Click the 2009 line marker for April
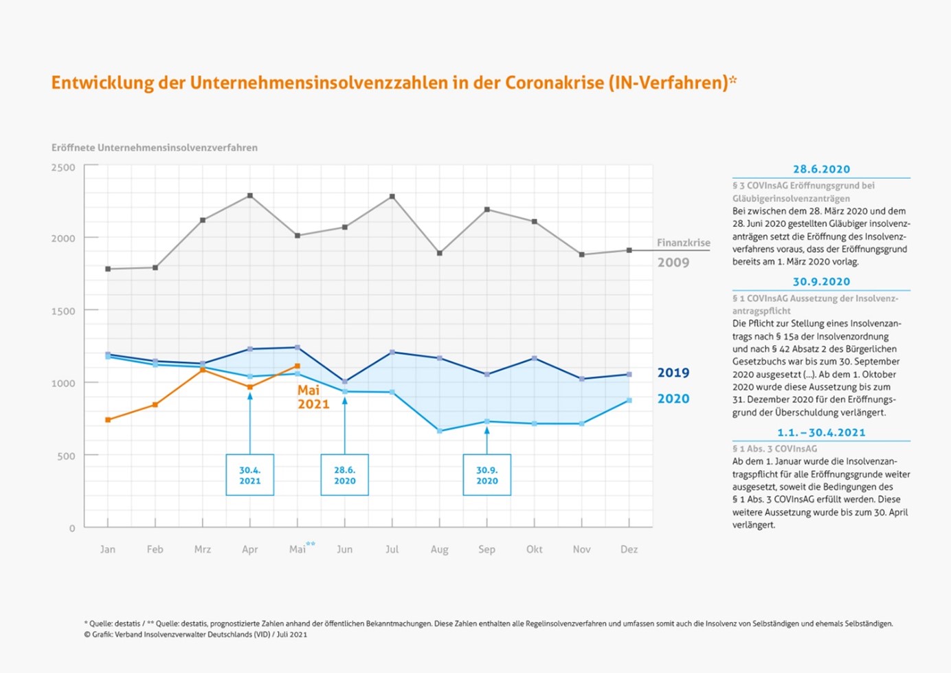(250, 196)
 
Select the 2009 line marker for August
(439, 253)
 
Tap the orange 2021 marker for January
(108, 419)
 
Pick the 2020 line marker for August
(439, 431)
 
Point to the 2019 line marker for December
(629, 375)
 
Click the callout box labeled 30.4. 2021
(249, 475)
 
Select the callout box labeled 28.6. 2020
(344, 475)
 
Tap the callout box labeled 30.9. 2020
(486, 475)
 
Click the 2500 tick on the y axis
(63, 167)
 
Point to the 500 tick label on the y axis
(66, 456)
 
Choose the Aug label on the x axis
(439, 549)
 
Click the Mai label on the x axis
(297, 549)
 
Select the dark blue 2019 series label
(673, 373)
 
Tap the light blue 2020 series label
(673, 399)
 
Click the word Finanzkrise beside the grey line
(684, 243)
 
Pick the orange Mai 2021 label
(313, 397)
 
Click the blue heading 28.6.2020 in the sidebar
(822, 169)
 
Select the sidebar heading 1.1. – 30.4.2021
(821, 432)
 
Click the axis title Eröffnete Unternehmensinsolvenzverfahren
(155, 148)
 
